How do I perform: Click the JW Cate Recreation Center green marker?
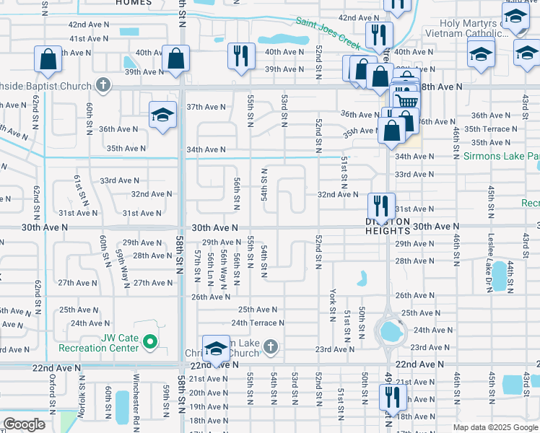[150, 340]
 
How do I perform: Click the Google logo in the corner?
[25, 424]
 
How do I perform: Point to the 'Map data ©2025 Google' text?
[495, 427]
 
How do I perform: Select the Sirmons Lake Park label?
[502, 156]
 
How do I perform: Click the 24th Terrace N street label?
[258, 323]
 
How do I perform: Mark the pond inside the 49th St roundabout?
[391, 331]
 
